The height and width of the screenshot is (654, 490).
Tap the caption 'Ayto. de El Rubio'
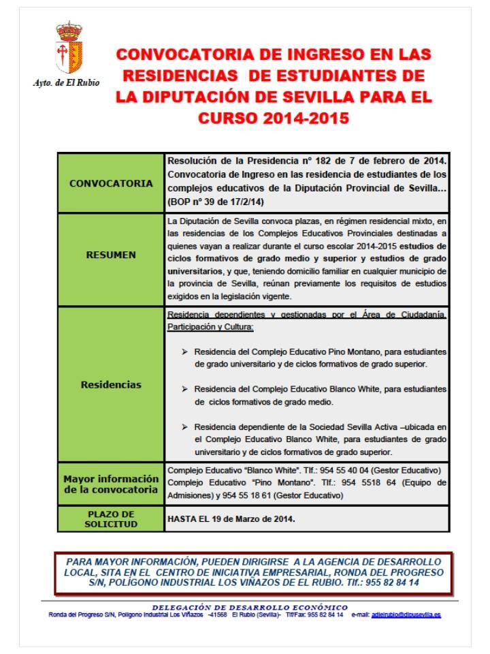67,82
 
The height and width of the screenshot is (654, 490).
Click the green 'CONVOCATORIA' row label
111,183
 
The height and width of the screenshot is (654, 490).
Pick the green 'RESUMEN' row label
111,255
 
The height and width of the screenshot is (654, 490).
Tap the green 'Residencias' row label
111,384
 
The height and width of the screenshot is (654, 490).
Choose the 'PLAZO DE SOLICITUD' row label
111,518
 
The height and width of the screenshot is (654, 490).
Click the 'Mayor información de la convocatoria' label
111,484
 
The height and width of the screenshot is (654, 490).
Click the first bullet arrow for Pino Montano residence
185,352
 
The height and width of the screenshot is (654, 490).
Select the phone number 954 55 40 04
356,471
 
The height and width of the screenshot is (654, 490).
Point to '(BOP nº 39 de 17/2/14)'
214,202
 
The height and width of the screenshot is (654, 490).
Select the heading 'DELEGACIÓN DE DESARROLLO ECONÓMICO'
249,607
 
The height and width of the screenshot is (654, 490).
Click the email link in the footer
406,615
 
